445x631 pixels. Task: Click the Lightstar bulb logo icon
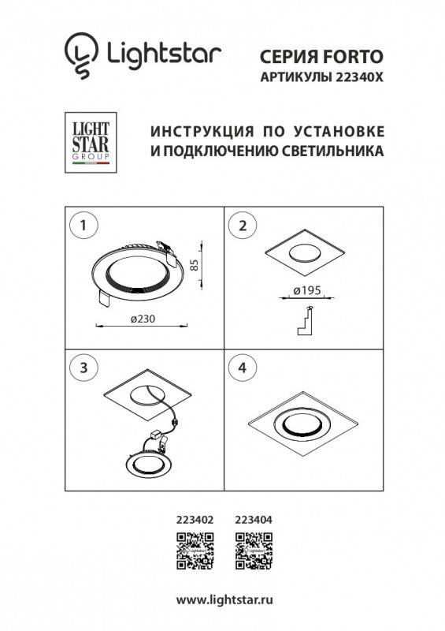coord(80,56)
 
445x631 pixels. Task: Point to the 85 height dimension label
coord(195,266)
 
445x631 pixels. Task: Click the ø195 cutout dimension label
coord(305,291)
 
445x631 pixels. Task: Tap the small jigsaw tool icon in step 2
coord(304,319)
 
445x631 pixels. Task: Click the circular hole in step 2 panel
coord(302,255)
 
